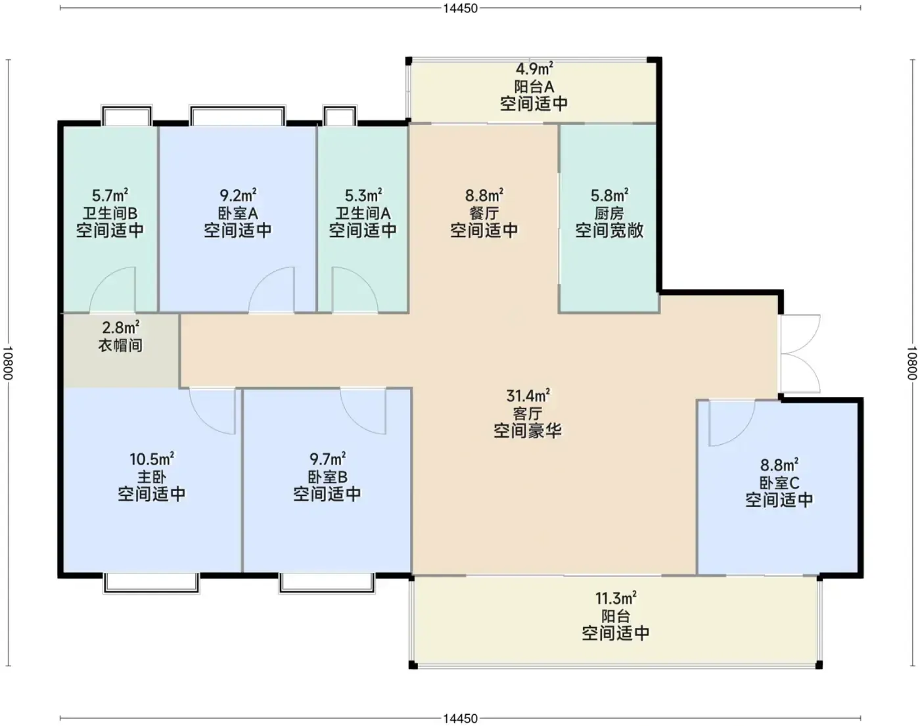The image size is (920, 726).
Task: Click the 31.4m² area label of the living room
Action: coord(528,396)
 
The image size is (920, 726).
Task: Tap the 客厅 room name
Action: coord(528,413)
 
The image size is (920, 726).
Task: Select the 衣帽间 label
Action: coord(120,345)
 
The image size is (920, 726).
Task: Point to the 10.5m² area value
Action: coord(152,459)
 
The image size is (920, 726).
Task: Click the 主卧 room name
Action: coord(152,477)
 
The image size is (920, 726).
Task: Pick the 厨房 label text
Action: coord(609,213)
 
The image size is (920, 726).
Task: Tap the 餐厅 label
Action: coord(484,213)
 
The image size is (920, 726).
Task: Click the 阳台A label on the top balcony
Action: coord(534,87)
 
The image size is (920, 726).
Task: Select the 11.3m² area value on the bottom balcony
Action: coord(616,598)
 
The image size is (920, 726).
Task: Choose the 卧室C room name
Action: coord(779,483)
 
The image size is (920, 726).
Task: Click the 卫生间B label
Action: coord(110,213)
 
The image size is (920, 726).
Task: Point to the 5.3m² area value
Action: coord(363,195)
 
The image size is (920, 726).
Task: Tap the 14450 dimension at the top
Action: coord(460,8)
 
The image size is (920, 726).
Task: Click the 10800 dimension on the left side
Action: coord(8,363)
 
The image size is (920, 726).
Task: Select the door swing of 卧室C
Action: coord(732,423)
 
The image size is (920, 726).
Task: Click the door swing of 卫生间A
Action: coord(355,290)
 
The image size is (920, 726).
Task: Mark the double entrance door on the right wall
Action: coord(800,353)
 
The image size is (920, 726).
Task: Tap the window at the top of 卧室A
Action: coord(238,116)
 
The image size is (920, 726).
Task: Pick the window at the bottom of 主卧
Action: coord(151,583)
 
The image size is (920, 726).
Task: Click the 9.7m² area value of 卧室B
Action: coord(327,459)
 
